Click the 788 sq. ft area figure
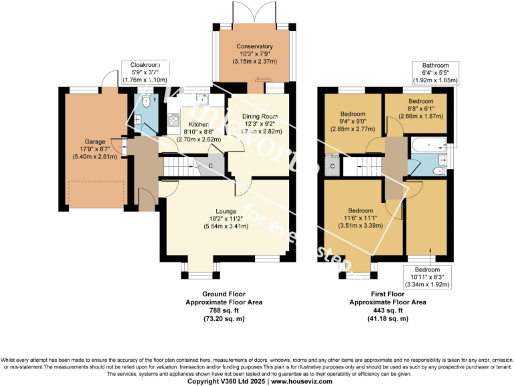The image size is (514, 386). [224, 310]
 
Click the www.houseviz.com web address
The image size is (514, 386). [302, 381]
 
